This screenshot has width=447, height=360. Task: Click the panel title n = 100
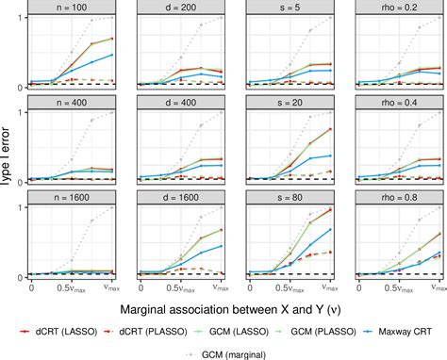pyautogui.click(x=74, y=8)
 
